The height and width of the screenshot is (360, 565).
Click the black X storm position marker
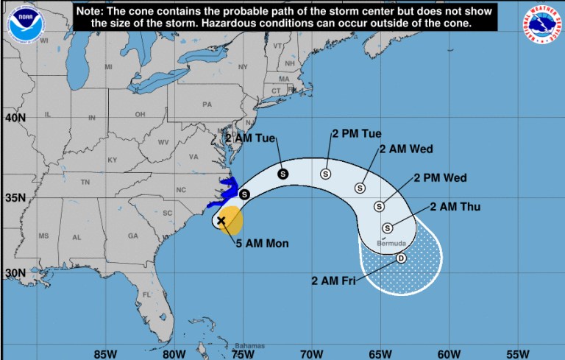[x=221, y=220]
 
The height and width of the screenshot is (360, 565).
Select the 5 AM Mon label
[x=263, y=243]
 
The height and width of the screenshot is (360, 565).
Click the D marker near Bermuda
[x=401, y=258]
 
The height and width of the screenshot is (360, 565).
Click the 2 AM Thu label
[x=455, y=207]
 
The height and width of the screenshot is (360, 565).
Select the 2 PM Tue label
[x=357, y=134]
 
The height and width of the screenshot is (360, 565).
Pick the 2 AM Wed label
[x=406, y=149]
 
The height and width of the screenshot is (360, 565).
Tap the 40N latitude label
[x=15, y=118]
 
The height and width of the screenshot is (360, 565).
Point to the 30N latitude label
[x=15, y=272]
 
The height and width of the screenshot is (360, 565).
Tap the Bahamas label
[x=249, y=345]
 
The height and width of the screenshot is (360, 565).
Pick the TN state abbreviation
[x=85, y=181]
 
